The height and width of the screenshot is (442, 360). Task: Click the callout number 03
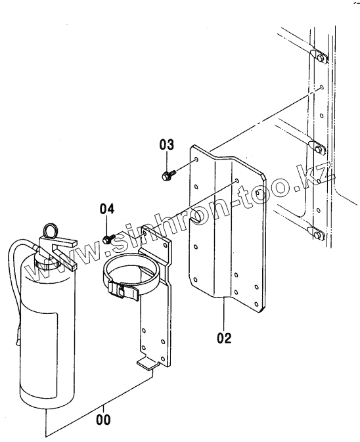point(167,144)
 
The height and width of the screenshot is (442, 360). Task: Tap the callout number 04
point(107,209)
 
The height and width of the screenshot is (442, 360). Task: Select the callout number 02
point(224,338)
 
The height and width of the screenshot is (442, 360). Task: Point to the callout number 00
point(103,420)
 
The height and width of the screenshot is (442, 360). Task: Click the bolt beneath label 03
point(168,175)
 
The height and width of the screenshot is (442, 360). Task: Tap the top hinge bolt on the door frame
point(320,58)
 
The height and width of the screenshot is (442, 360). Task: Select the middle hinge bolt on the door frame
point(319,149)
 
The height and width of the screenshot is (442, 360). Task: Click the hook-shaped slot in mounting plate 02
point(197,217)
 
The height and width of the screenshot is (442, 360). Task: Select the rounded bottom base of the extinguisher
point(47,400)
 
